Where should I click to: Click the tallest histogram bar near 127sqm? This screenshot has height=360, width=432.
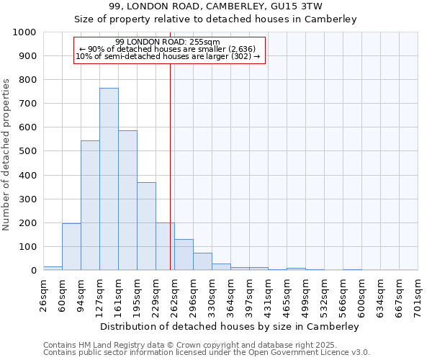click(x=109, y=179)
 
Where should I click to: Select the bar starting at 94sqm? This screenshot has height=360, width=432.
click(x=90, y=205)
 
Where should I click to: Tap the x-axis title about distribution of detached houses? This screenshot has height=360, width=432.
click(x=230, y=326)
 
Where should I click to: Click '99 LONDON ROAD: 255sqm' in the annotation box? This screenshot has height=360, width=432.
click(x=167, y=42)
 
